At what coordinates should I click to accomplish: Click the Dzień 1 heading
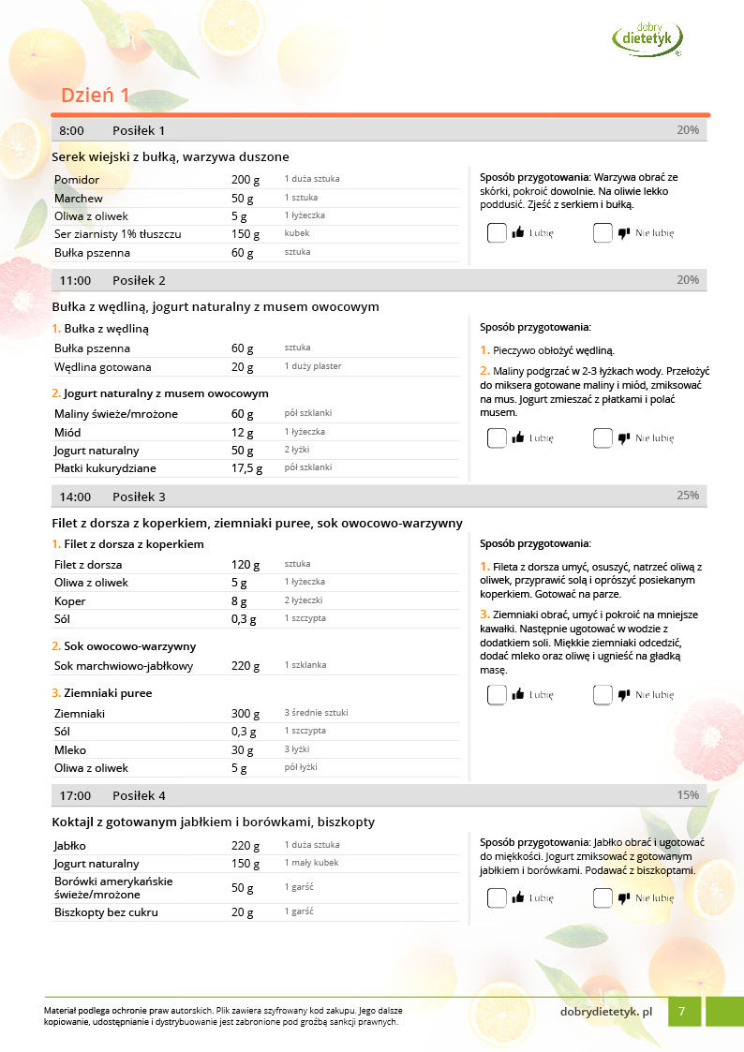coord(96,96)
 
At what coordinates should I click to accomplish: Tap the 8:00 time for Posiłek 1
coord(72,130)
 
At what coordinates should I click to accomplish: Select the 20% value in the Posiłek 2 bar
coord(687,280)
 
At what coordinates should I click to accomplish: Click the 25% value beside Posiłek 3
coord(687,496)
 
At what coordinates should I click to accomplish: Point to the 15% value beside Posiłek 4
coord(687,795)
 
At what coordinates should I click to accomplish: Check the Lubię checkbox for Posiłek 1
coord(497,233)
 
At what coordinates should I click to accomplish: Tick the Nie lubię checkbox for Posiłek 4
coord(603,897)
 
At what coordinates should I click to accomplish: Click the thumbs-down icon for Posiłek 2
coord(624,437)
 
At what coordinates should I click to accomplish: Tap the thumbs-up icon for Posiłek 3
coord(518,695)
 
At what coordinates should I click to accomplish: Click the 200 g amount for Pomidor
coord(243,179)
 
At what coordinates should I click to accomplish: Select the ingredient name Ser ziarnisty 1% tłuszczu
coord(118,234)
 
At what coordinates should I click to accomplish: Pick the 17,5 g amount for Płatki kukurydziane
coord(246,468)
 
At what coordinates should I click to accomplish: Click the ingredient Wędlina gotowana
coord(103,367)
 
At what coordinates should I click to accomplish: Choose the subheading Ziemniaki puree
coord(107,693)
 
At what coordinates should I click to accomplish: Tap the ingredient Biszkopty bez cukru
coord(106,912)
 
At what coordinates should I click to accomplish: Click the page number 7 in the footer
coord(683,1011)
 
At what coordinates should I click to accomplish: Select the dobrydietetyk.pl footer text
coord(605,1012)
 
